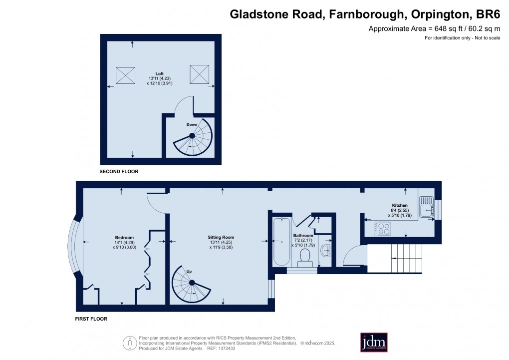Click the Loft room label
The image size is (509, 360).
point(159,73)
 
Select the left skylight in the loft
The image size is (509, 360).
point(126,75)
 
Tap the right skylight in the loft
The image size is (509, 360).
point(198,74)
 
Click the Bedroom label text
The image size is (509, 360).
point(124,237)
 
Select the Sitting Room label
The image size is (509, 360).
point(221,237)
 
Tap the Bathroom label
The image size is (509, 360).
point(303,235)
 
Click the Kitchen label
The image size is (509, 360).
point(400,205)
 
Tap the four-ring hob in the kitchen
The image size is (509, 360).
point(383,228)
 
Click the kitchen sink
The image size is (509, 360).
point(426,206)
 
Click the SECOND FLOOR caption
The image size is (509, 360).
point(119,172)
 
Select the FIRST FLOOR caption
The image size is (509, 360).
point(91,319)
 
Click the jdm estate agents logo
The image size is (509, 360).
point(374,343)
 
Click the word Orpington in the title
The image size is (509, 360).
point(435,14)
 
